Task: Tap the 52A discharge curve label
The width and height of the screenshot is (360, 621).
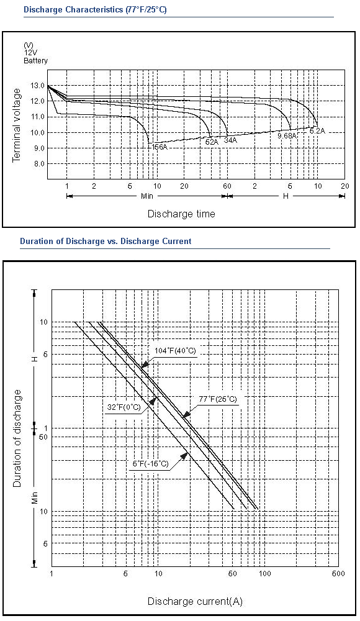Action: click(x=212, y=142)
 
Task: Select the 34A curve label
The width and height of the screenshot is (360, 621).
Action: click(x=230, y=139)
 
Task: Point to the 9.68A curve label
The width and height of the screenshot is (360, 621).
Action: click(x=287, y=136)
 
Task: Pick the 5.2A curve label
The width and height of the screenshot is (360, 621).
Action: click(x=317, y=130)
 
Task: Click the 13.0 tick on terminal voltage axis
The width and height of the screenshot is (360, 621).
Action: click(x=38, y=85)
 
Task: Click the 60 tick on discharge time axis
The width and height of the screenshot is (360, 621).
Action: click(x=227, y=186)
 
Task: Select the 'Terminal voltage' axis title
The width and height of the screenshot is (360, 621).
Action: click(x=16, y=125)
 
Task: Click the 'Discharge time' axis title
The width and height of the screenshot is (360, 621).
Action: click(x=181, y=214)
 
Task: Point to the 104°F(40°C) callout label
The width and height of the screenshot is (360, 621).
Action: click(x=175, y=350)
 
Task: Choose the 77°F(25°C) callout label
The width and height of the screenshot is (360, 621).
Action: click(x=218, y=399)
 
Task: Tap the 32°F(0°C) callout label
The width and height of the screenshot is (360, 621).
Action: click(x=124, y=407)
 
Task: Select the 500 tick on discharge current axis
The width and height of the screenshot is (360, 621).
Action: click(x=339, y=573)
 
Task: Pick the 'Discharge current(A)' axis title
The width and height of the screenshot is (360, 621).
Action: click(x=195, y=601)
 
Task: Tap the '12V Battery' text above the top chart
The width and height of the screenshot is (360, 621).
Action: click(x=35, y=57)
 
